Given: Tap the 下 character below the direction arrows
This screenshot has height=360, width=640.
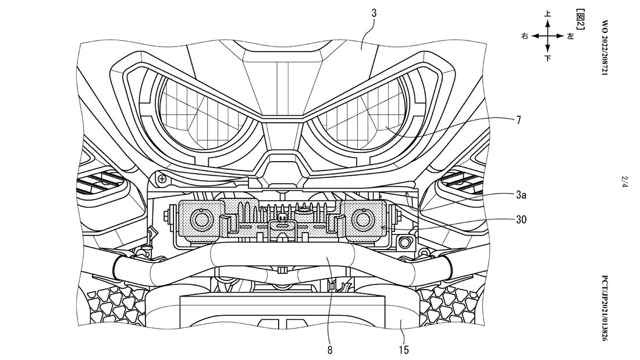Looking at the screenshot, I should pyautogui.click(x=547, y=58).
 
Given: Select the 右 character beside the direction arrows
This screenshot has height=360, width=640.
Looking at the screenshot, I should pyautogui.click(x=525, y=36).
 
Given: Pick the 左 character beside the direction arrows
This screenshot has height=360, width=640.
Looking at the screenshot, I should pyautogui.click(x=570, y=36).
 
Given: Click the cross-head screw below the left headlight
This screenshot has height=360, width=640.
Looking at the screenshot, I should pyautogui.click(x=162, y=178).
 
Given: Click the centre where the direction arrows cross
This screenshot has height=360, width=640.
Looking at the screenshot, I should pyautogui.click(x=547, y=36).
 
